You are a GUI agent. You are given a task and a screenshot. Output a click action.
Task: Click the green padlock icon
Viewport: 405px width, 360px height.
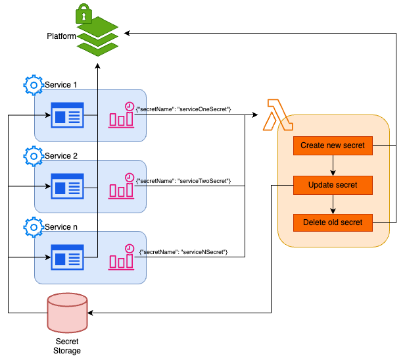pyautogui.click(x=83, y=13)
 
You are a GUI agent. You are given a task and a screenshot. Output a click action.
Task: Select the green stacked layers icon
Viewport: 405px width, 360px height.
pyautogui.click(x=97, y=38)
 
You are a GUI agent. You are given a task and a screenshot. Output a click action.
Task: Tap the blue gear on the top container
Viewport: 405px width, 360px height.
pyautogui.click(x=34, y=86)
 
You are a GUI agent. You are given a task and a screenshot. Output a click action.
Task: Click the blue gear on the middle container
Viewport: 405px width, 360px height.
pyautogui.click(x=34, y=157)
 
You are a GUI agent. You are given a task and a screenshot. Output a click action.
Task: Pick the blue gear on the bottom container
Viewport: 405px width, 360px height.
pyautogui.click(x=34, y=227)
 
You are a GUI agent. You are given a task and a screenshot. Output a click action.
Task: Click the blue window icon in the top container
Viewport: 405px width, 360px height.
pyautogui.click(x=68, y=115)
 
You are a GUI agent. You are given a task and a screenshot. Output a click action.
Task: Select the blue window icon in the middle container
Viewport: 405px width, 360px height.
pyautogui.click(x=68, y=186)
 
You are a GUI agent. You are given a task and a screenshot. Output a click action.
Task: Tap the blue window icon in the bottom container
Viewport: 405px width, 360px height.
pyautogui.click(x=68, y=257)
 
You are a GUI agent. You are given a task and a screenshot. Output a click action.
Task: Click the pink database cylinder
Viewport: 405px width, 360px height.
pyautogui.click(x=67, y=313)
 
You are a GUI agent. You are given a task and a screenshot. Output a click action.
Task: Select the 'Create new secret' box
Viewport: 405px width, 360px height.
pyautogui.click(x=333, y=145)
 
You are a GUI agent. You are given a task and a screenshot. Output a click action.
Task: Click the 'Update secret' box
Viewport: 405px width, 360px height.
pyautogui.click(x=333, y=185)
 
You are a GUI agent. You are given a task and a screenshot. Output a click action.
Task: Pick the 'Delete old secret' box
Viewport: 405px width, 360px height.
pyautogui.click(x=333, y=222)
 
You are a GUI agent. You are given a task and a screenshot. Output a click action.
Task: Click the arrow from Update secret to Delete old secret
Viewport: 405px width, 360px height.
pyautogui.click(x=333, y=204)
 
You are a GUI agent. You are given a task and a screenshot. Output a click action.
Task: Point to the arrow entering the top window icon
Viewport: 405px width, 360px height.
pyautogui.click(x=43, y=115)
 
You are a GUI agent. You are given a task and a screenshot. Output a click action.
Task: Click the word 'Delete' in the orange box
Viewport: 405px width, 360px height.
pyautogui.click(x=315, y=222)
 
